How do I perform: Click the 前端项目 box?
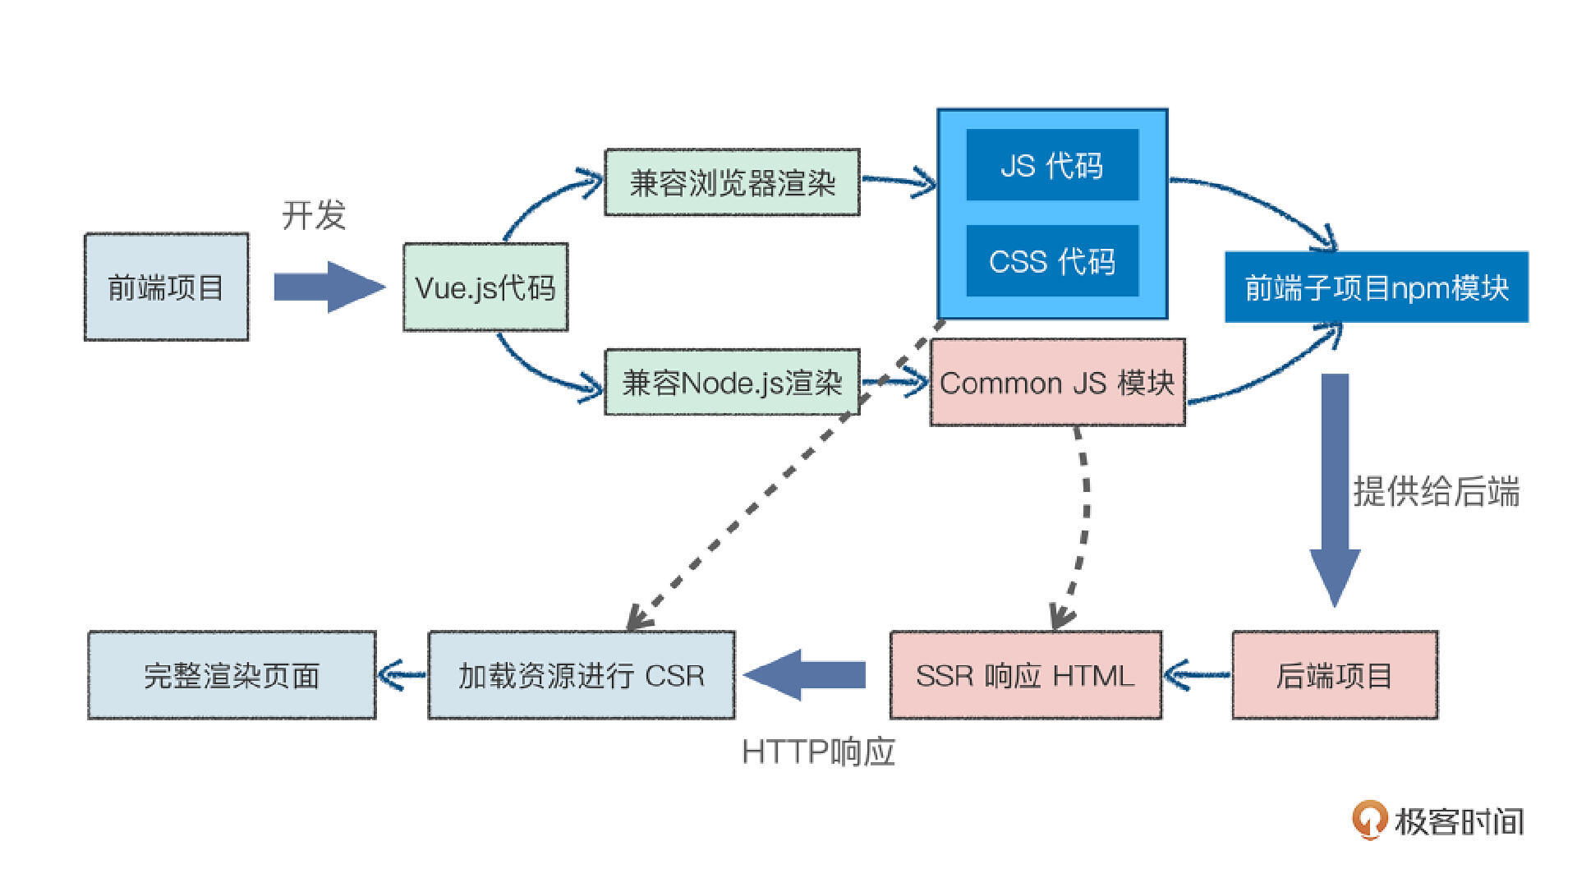pyautogui.click(x=166, y=287)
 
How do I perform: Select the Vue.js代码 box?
pyautogui.click(x=485, y=287)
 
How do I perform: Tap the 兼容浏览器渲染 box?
pyautogui.click(x=732, y=182)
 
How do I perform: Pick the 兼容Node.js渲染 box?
pyautogui.click(x=732, y=383)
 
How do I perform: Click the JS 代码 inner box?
pyautogui.click(x=1052, y=165)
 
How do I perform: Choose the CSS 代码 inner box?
pyautogui.click(x=1052, y=261)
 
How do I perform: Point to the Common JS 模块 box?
pyautogui.click(x=1057, y=383)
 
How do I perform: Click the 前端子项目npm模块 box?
pyautogui.click(x=1377, y=287)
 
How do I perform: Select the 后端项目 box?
pyautogui.click(x=1335, y=675)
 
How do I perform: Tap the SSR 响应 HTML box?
pyautogui.click(x=1026, y=675)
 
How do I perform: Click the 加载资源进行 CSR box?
pyautogui.click(x=582, y=675)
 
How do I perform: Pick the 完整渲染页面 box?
pyautogui.click(x=232, y=675)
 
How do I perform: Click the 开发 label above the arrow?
pyautogui.click(x=314, y=215)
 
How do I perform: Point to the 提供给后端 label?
pyautogui.click(x=1437, y=491)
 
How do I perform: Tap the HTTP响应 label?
pyautogui.click(x=818, y=751)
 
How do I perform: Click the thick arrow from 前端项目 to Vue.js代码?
pyautogui.click(x=329, y=287)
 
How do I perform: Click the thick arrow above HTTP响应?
pyautogui.click(x=805, y=675)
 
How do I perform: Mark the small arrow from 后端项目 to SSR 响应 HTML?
pyautogui.click(x=1197, y=676)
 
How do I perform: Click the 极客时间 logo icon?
pyautogui.click(x=1368, y=820)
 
